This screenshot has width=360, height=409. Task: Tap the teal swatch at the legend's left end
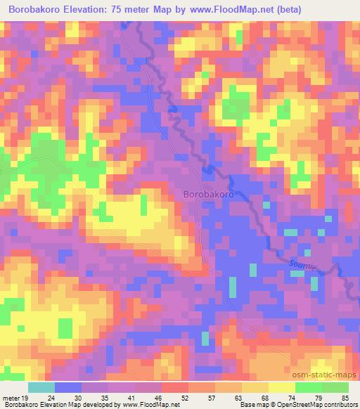(42, 387)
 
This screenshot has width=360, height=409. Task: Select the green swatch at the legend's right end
(335, 387)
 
